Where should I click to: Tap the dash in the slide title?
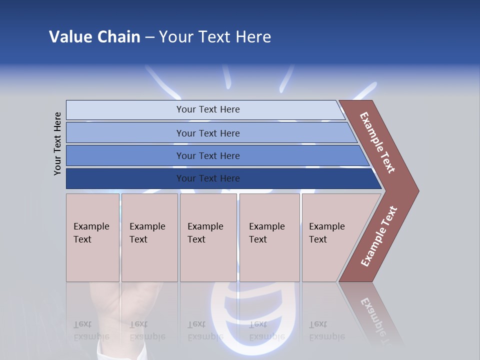149,37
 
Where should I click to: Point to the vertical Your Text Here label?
57,143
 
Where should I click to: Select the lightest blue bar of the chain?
207,109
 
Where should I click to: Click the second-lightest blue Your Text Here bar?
207,133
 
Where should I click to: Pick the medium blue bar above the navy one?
207,155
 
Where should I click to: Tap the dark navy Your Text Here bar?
207,178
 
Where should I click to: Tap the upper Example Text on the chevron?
377,142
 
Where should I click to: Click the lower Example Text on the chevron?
379,236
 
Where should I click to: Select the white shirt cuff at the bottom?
120,350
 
